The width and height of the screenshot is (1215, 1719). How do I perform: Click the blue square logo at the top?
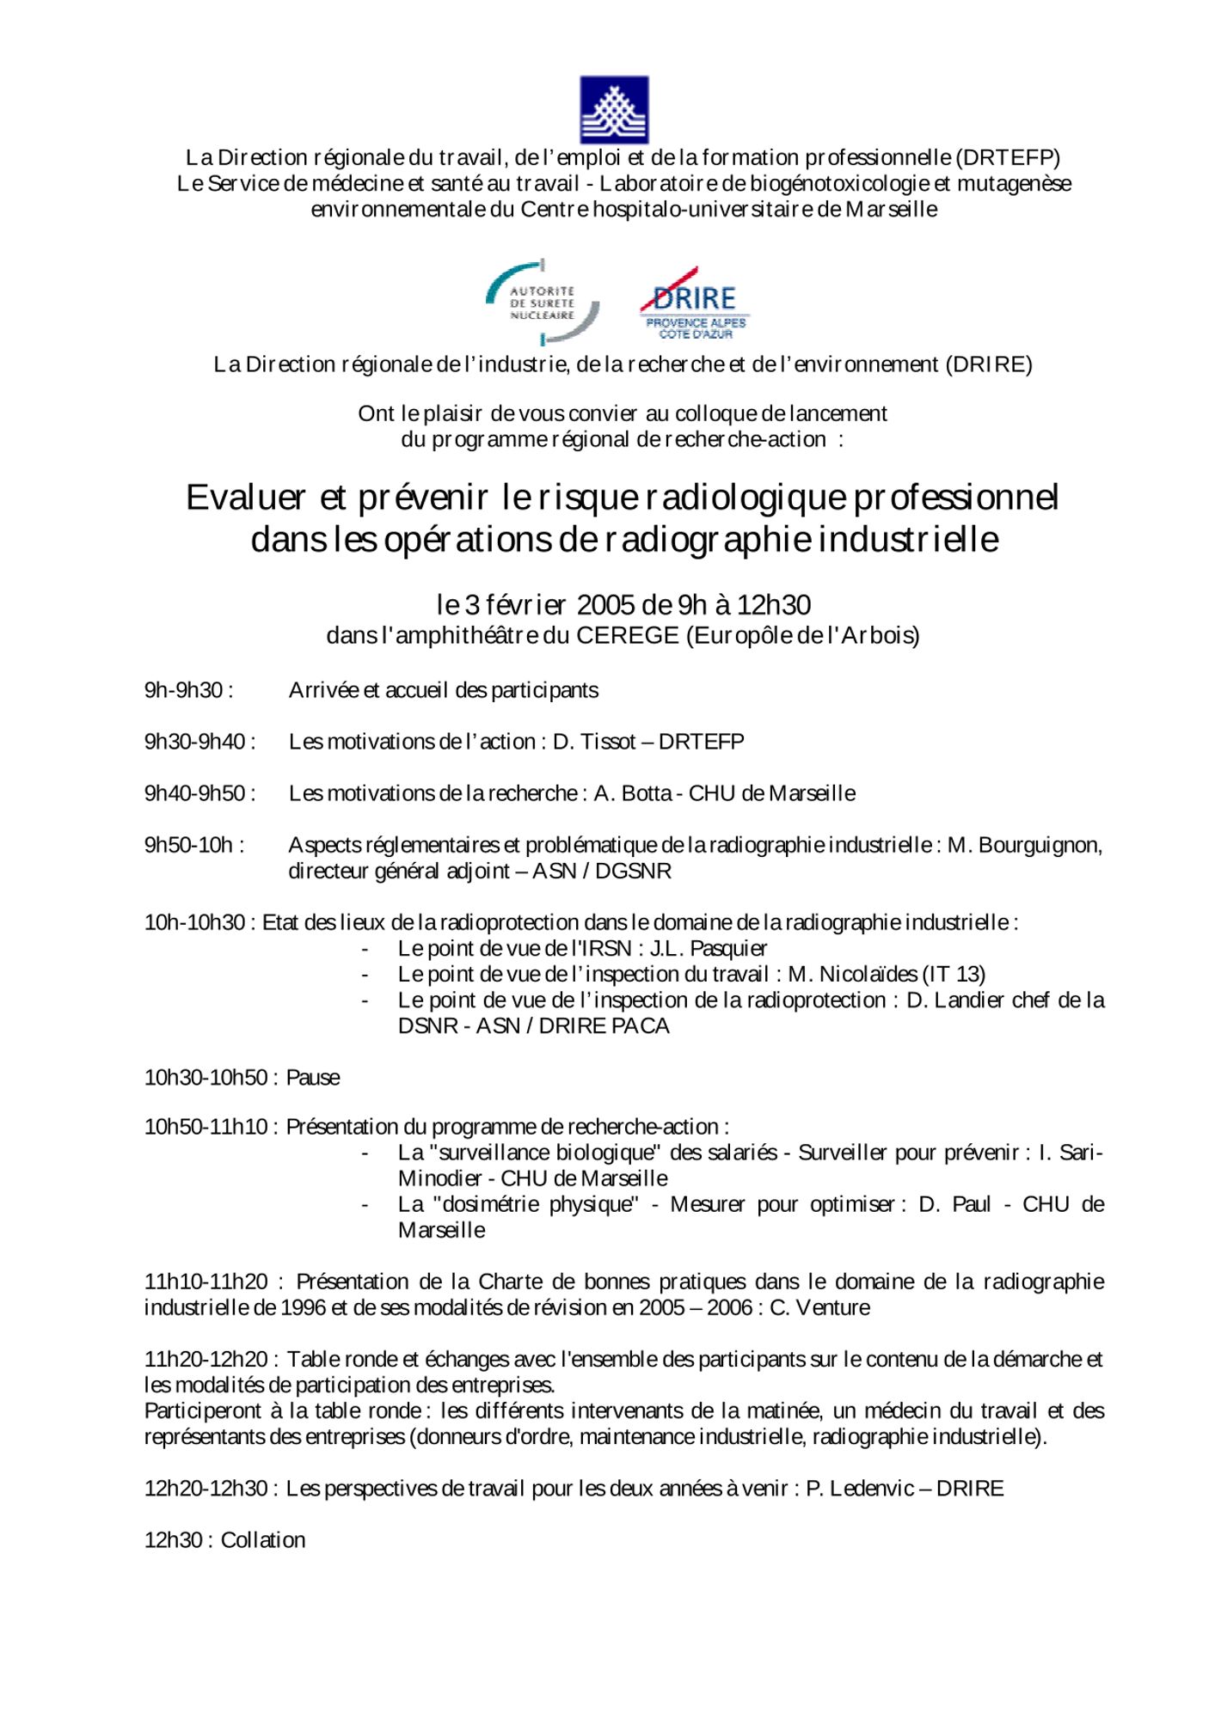(x=613, y=109)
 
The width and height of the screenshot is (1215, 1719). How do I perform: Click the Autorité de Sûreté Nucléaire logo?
(x=543, y=303)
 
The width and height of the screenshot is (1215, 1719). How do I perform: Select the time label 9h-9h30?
(x=184, y=691)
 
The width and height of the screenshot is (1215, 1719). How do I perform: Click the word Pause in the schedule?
(x=313, y=1078)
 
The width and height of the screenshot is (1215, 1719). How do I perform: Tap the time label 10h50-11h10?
(x=206, y=1127)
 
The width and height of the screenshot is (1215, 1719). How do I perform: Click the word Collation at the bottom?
(x=263, y=1540)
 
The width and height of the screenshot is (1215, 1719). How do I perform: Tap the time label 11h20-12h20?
(x=206, y=1360)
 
